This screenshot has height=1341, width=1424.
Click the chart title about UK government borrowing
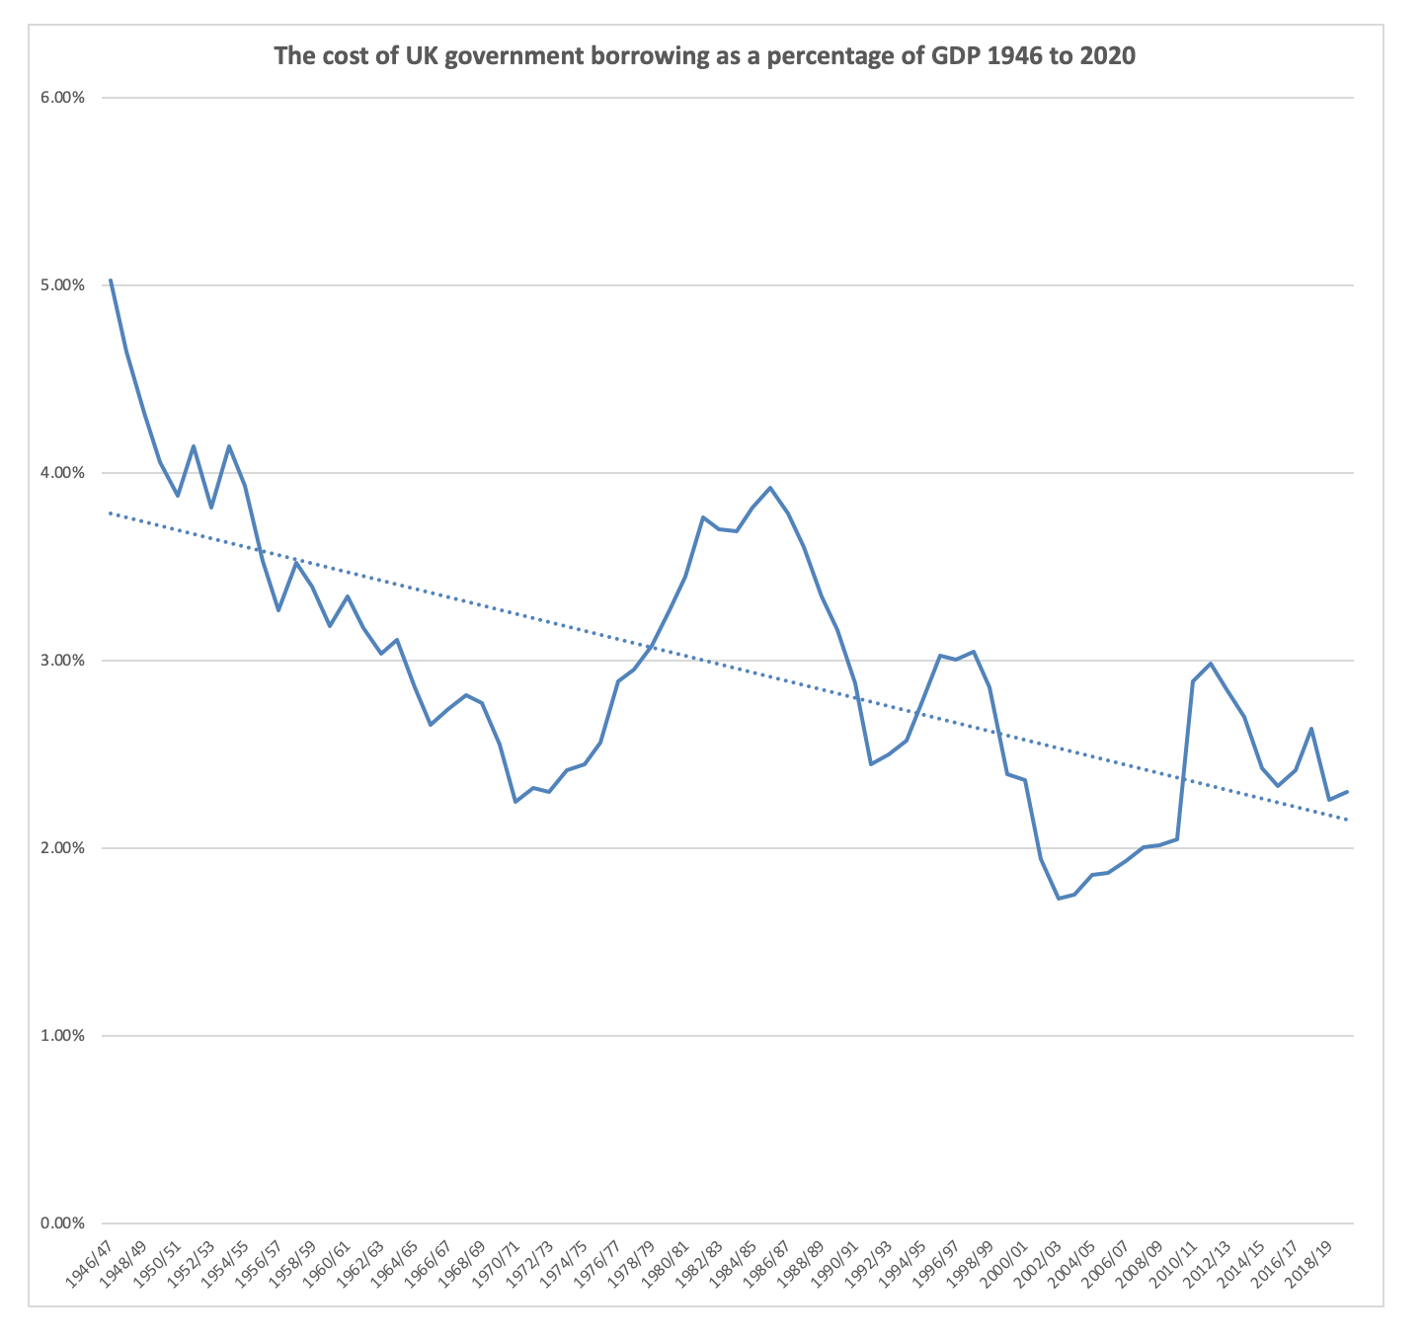(x=704, y=56)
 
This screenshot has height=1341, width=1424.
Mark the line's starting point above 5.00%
(x=111, y=280)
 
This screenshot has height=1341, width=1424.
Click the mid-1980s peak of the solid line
(x=770, y=488)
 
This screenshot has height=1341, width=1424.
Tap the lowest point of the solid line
(x=1059, y=899)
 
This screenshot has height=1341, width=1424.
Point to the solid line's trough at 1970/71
(x=515, y=802)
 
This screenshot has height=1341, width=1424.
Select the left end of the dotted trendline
(x=111, y=513)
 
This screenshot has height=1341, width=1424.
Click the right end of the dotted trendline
(x=1347, y=820)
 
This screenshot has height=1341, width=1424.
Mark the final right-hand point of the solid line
(x=1347, y=792)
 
